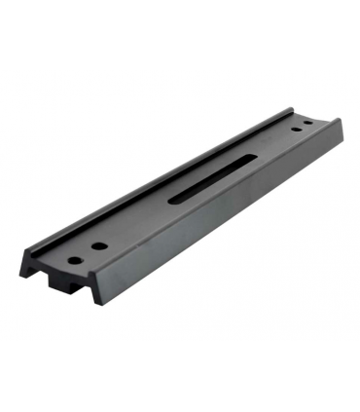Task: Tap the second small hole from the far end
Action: (x=294, y=132)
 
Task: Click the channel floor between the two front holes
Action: (x=87, y=254)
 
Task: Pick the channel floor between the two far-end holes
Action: (x=302, y=129)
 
